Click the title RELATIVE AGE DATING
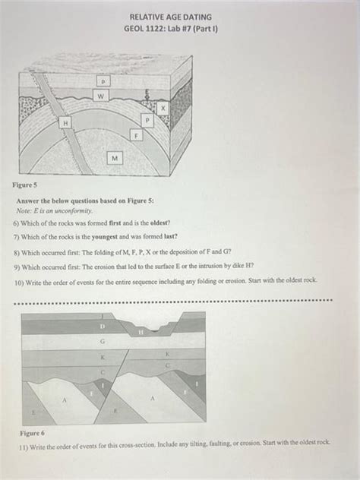(170, 16)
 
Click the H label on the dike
(66, 122)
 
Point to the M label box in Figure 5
(114, 158)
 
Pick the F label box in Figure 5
(136, 134)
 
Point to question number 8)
(17, 251)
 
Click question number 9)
(17, 267)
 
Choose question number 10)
(18, 280)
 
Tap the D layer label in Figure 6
(103, 326)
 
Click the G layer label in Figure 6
(102, 342)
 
